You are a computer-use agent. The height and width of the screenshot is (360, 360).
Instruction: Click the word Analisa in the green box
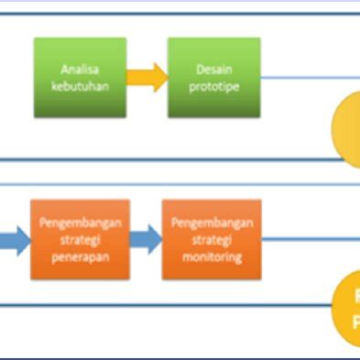point(81,70)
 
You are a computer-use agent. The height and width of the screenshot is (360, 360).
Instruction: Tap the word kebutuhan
point(81,85)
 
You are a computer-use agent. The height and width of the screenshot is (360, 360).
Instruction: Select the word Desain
point(213,70)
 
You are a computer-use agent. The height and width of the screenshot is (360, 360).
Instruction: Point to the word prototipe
point(213,85)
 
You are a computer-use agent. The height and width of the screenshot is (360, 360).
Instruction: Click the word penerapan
point(81,256)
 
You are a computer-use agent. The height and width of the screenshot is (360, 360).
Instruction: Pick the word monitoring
point(212,256)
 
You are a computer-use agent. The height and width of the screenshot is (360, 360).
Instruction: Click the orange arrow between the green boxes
point(147,78)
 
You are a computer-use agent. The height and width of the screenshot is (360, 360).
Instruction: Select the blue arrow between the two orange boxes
point(145,240)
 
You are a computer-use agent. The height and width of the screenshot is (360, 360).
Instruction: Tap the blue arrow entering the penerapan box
point(13,240)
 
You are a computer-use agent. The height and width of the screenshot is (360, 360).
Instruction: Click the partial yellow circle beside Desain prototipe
point(347,128)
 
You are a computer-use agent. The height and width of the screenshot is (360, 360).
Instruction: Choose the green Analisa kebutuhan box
point(81,78)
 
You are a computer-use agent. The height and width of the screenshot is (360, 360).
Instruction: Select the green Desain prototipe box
point(213,78)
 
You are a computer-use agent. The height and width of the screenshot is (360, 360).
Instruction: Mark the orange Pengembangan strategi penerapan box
point(81,239)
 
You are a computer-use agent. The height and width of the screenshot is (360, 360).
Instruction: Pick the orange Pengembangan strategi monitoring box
point(212,239)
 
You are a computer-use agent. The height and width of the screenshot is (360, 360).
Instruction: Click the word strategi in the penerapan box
point(81,240)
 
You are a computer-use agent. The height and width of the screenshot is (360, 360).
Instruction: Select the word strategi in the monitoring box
point(212,240)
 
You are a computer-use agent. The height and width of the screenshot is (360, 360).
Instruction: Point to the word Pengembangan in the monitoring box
point(212,223)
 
